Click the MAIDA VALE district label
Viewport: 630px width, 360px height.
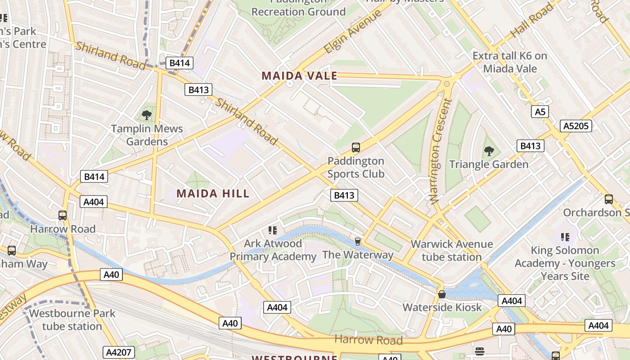tap(299, 76)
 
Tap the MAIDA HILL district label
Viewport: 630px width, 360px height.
tap(213, 193)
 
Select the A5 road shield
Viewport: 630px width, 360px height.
tap(540, 112)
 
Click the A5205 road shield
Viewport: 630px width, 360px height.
tap(576, 126)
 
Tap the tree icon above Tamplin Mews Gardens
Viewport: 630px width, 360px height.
tap(147, 115)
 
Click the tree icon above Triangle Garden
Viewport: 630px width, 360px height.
tap(489, 151)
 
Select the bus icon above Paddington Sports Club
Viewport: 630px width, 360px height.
tap(355, 147)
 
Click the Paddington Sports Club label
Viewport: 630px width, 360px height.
tap(355, 167)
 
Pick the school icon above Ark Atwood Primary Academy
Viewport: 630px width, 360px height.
tap(273, 230)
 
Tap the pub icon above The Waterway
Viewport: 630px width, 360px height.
tap(358, 242)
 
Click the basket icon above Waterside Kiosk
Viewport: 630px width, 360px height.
tap(442, 294)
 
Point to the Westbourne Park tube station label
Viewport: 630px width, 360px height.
tap(72, 319)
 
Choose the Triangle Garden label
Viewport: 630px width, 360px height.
tap(489, 164)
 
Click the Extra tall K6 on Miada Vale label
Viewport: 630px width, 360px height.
tap(510, 62)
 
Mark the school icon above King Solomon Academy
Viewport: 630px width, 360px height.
tap(566, 237)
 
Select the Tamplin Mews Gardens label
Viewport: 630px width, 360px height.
tap(147, 135)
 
